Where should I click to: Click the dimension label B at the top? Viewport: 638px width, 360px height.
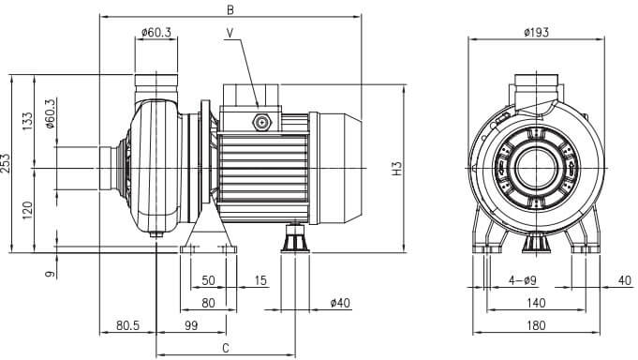tap(230, 9)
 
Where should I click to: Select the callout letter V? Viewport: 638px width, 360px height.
tap(230, 33)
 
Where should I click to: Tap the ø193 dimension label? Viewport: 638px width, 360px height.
tap(536, 32)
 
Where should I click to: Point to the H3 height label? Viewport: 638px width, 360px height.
tap(396, 169)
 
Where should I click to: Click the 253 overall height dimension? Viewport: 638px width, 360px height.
tap(5, 163)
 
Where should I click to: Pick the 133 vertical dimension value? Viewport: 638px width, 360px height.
tap(28, 121)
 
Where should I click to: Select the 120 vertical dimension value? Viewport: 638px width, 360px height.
tap(28, 210)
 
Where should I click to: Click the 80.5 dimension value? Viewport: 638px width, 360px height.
tap(127, 325)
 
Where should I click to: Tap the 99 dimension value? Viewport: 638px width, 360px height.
tap(191, 325)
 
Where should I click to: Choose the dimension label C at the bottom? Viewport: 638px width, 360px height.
tap(226, 348)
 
